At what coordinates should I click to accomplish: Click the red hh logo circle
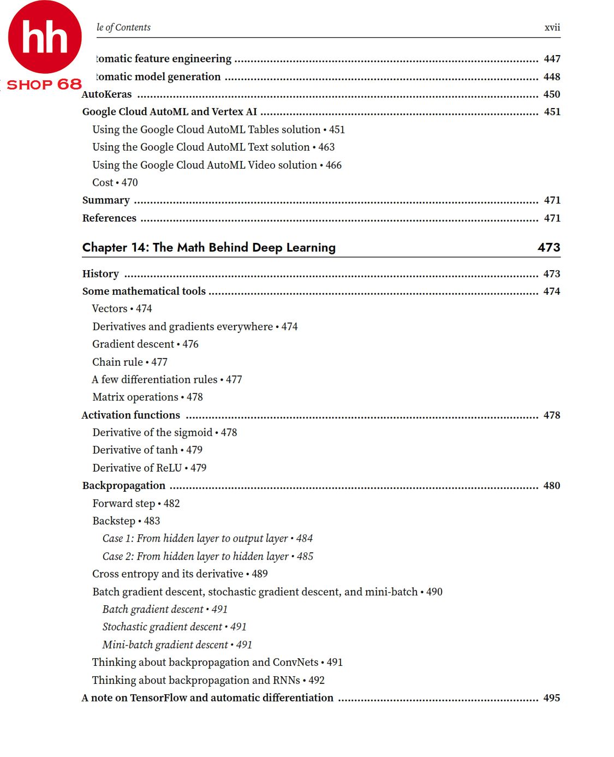(x=45, y=37)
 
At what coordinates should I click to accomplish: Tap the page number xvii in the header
(x=552, y=27)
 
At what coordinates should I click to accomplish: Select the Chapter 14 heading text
(x=208, y=247)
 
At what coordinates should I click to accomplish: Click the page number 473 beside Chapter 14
(x=549, y=247)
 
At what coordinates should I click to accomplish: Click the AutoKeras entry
(x=107, y=94)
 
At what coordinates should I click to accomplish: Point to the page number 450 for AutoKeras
(x=551, y=94)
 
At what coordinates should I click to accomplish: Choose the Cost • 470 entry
(x=115, y=182)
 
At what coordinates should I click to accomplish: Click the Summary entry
(x=106, y=200)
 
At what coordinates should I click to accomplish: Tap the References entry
(x=109, y=218)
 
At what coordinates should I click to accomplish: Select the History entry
(x=100, y=273)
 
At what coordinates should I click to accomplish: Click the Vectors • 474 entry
(x=122, y=308)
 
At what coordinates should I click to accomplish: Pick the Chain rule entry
(x=129, y=362)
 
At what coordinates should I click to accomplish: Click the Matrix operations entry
(x=147, y=397)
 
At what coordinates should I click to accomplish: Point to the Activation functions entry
(x=130, y=415)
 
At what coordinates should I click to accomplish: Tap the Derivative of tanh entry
(x=147, y=450)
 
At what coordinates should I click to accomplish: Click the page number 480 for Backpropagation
(x=551, y=485)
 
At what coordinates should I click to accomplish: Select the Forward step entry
(x=136, y=503)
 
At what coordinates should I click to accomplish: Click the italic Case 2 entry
(x=207, y=556)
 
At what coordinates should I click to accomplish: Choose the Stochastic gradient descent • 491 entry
(x=174, y=627)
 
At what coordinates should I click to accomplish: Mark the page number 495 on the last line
(x=551, y=698)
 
